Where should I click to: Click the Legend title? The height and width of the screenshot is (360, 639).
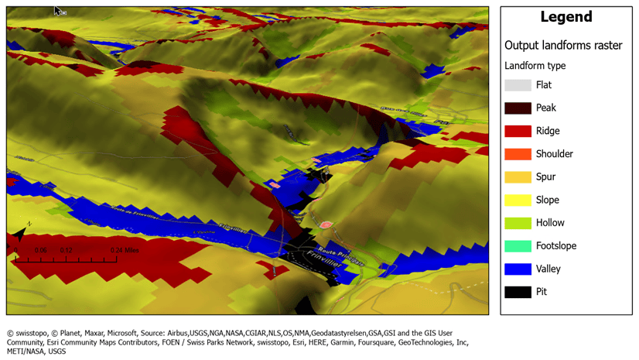(566, 17)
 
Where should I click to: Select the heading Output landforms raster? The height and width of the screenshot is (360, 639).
(563, 46)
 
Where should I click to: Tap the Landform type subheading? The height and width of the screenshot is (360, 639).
(535, 66)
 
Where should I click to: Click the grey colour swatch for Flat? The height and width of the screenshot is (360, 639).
(518, 85)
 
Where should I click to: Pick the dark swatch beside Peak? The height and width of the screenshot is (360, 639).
(518, 108)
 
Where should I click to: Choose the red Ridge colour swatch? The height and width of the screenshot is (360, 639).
(518, 131)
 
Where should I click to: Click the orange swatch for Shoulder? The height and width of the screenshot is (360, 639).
(518, 154)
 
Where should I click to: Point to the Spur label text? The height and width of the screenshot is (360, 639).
(545, 177)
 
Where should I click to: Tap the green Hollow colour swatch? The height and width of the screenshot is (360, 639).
(518, 223)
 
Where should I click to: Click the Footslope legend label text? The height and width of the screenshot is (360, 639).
(555, 246)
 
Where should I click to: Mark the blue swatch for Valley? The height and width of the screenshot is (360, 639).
(518, 269)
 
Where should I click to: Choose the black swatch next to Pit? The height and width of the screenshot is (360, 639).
(518, 292)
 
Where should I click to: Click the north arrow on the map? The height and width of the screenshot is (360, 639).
(20, 233)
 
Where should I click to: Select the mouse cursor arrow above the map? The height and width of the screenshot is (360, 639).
(59, 11)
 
